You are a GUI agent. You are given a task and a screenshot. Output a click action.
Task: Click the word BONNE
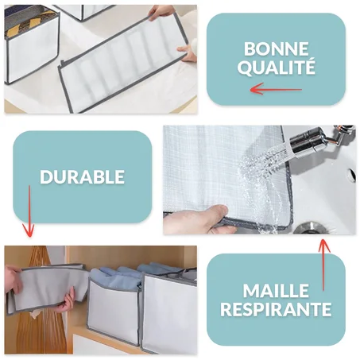[276, 48]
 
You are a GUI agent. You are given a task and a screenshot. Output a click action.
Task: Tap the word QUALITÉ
[276, 68]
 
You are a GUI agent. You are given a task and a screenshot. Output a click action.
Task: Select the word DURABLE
[82, 176]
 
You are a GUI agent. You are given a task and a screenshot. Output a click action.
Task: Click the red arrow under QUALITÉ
[276, 89]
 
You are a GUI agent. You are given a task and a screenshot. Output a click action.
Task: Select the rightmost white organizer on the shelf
[168, 314]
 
